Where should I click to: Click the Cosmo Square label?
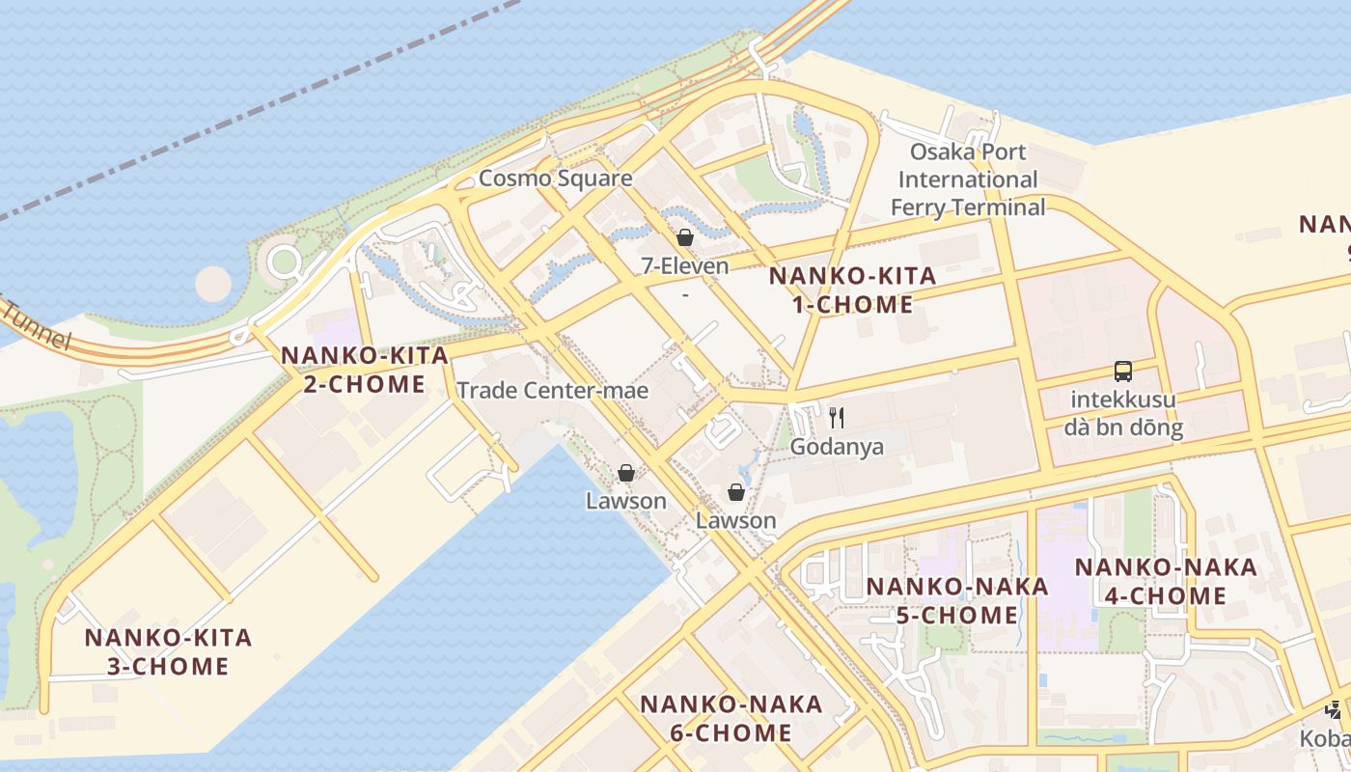[x=556, y=179]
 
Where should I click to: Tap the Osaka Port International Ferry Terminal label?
[x=967, y=179]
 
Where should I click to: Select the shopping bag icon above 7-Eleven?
[x=685, y=237]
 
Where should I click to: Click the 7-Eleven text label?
[x=685, y=265]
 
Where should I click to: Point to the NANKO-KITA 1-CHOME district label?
[x=852, y=290]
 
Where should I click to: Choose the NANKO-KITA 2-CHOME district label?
[x=364, y=370]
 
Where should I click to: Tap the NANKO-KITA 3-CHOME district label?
[x=168, y=651]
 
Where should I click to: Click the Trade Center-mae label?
[x=552, y=391]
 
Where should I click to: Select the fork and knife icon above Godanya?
[x=837, y=417]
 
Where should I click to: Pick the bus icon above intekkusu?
[x=1122, y=372]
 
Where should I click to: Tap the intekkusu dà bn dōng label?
[x=1123, y=413]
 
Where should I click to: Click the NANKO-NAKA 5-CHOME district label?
[x=956, y=600]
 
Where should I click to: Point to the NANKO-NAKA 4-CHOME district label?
[x=1166, y=581]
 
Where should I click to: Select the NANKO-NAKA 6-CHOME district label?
[x=731, y=718]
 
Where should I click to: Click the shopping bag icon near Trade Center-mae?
[x=626, y=473]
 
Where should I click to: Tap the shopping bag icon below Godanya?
[x=736, y=492]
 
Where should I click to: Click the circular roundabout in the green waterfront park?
[x=285, y=261]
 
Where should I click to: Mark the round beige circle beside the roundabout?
[x=213, y=284]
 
